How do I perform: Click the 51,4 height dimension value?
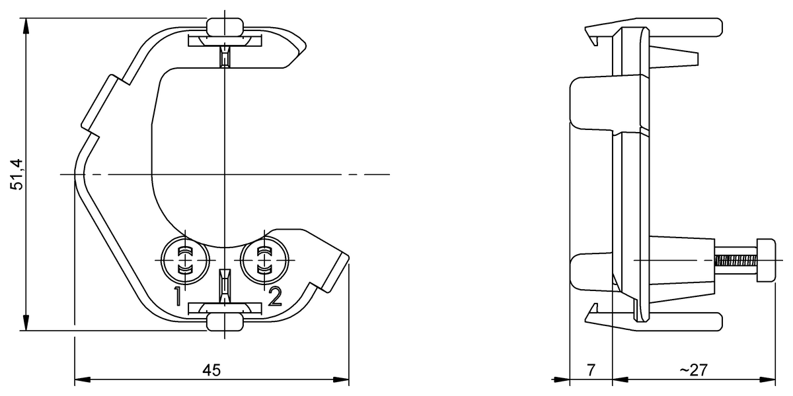(17, 175)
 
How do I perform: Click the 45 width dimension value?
(211, 370)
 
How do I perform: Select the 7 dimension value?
(591, 370)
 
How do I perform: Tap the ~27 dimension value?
(693, 370)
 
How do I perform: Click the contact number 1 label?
(177, 296)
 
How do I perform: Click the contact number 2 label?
(275, 296)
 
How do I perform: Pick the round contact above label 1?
(185, 261)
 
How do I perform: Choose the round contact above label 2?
(264, 261)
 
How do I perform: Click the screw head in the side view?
(766, 260)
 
